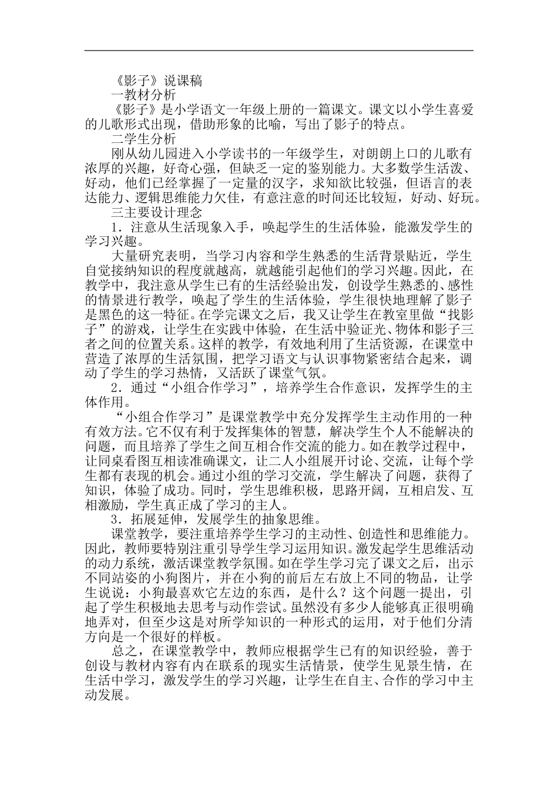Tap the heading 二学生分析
point(143,140)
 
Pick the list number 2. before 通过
point(116,388)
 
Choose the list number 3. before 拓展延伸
point(116,519)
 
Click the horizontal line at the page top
point(279,51)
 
